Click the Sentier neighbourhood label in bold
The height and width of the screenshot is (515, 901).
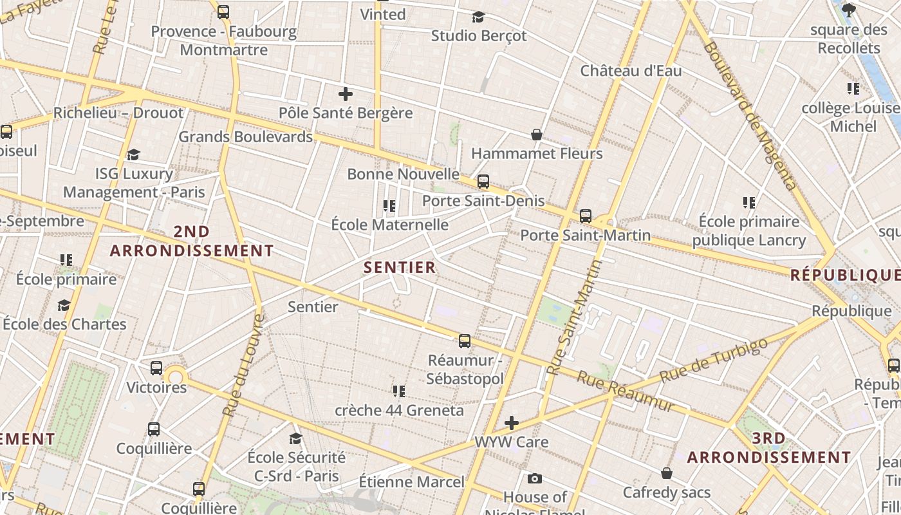click(x=400, y=267)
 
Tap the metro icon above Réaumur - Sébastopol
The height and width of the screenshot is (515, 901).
click(x=465, y=341)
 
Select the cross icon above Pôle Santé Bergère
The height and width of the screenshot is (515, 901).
click(x=346, y=95)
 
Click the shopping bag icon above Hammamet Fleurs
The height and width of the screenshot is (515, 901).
click(x=536, y=135)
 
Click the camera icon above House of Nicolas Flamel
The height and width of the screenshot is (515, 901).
click(x=534, y=478)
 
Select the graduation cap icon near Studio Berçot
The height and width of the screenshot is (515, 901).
click(x=478, y=17)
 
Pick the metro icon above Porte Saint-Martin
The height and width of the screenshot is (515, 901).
click(x=586, y=216)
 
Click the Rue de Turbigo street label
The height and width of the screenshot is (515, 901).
click(x=714, y=360)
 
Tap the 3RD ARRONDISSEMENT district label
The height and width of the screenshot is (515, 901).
click(x=769, y=448)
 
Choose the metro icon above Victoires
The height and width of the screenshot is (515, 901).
click(x=156, y=368)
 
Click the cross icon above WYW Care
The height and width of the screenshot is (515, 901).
click(x=512, y=423)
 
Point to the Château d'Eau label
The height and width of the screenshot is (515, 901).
click(x=631, y=71)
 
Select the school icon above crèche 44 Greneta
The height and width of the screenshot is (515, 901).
click(x=399, y=391)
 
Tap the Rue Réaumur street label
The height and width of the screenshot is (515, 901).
click(x=625, y=391)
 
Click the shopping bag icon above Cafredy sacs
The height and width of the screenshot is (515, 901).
click(x=667, y=473)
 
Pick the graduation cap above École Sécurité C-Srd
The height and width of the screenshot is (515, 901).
click(x=296, y=438)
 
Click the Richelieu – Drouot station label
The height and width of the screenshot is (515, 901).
click(x=118, y=113)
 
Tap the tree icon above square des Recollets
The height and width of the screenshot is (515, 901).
click(x=849, y=10)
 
